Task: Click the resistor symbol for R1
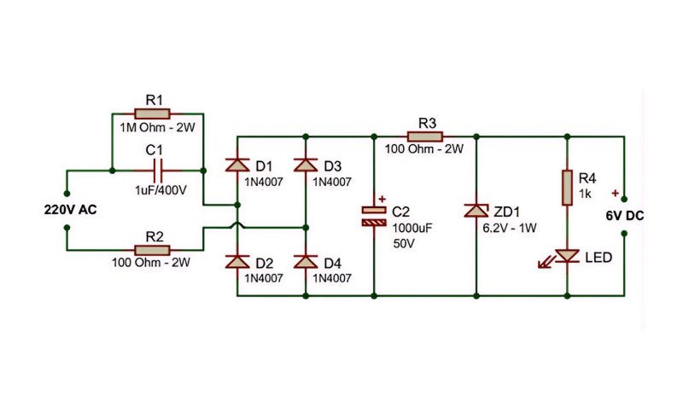coord(152,114)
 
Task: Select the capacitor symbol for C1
coord(158,171)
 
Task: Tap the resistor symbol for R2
coord(152,250)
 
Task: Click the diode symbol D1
coord(237,165)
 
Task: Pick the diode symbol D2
coord(237,261)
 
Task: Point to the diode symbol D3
coord(306,165)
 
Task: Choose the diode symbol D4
coord(306,261)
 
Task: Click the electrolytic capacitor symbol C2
coord(374,216)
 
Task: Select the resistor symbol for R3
coord(425,136)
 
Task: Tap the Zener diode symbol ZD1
coord(476,211)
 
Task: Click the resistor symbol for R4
coord(567,187)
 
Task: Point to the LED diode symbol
coord(564,257)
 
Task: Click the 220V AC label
coord(70,210)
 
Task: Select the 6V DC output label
coord(625,216)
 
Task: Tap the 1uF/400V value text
coord(161,190)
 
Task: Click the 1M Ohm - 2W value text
coord(157,128)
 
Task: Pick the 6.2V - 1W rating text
coord(510,228)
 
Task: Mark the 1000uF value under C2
coord(412,228)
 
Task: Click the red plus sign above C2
coord(382,199)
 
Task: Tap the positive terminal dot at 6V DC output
coord(624,199)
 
